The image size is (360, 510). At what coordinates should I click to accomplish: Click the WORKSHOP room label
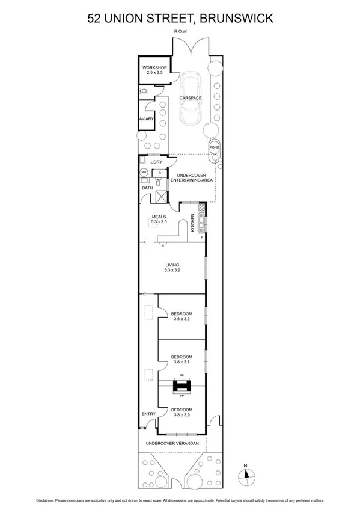pyautogui.click(x=154, y=68)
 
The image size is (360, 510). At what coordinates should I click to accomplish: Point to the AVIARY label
pyautogui.click(x=147, y=120)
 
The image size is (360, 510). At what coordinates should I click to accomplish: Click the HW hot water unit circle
pyautogui.click(x=144, y=173)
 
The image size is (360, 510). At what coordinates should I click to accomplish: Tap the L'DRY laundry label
pyautogui.click(x=156, y=162)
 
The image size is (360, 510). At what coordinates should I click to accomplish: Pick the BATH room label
pyautogui.click(x=147, y=188)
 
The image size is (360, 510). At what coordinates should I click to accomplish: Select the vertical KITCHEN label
pyautogui.click(x=193, y=223)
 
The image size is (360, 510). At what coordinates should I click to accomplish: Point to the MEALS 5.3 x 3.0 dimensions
pyautogui.click(x=159, y=222)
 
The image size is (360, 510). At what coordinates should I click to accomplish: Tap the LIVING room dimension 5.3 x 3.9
pyautogui.click(x=172, y=271)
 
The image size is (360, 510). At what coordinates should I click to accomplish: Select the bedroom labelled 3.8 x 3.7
pyautogui.click(x=181, y=363)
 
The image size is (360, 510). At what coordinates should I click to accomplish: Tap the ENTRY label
pyautogui.click(x=148, y=414)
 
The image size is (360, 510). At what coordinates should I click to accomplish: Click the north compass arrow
pyautogui.click(x=245, y=475)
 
